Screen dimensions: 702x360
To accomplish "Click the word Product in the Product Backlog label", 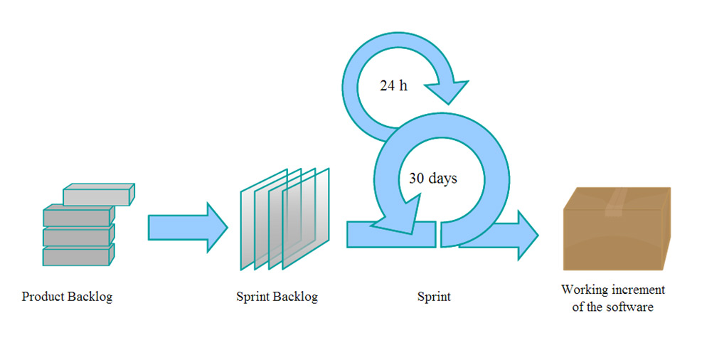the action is coord(43,297).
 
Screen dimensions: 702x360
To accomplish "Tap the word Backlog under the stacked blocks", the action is coord(90,297).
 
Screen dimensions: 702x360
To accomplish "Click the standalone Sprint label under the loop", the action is coord(434,297).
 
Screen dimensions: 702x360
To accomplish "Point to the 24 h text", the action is coord(393,85).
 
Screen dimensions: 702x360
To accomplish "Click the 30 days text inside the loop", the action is coord(433,178).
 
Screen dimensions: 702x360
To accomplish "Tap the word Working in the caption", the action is coord(585,290).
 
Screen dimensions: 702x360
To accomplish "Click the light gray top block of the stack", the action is coord(99,194).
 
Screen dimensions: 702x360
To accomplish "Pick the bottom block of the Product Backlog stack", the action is coord(79,255).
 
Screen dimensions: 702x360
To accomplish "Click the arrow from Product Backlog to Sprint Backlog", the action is coord(188,228).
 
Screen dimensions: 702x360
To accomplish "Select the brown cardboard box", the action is coord(617,228).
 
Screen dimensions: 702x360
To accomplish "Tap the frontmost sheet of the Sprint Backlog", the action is coord(306,219).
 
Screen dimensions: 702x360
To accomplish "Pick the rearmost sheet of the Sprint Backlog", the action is coord(264,219).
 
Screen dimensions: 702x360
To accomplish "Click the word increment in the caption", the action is coord(639,290).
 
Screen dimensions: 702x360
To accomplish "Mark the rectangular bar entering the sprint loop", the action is coord(391,234).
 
